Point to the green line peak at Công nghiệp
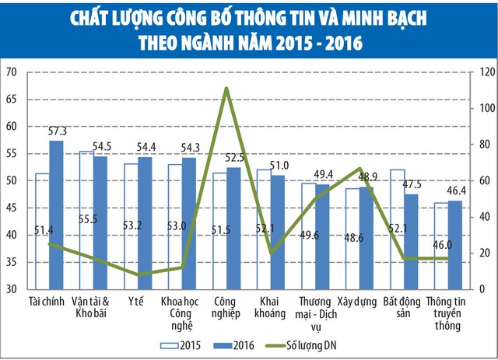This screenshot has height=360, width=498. coord(225,89)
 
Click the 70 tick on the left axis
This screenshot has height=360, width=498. coord(12,72)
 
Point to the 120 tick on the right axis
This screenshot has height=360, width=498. coord(484,72)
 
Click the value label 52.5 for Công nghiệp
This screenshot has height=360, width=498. coord(233,157)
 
